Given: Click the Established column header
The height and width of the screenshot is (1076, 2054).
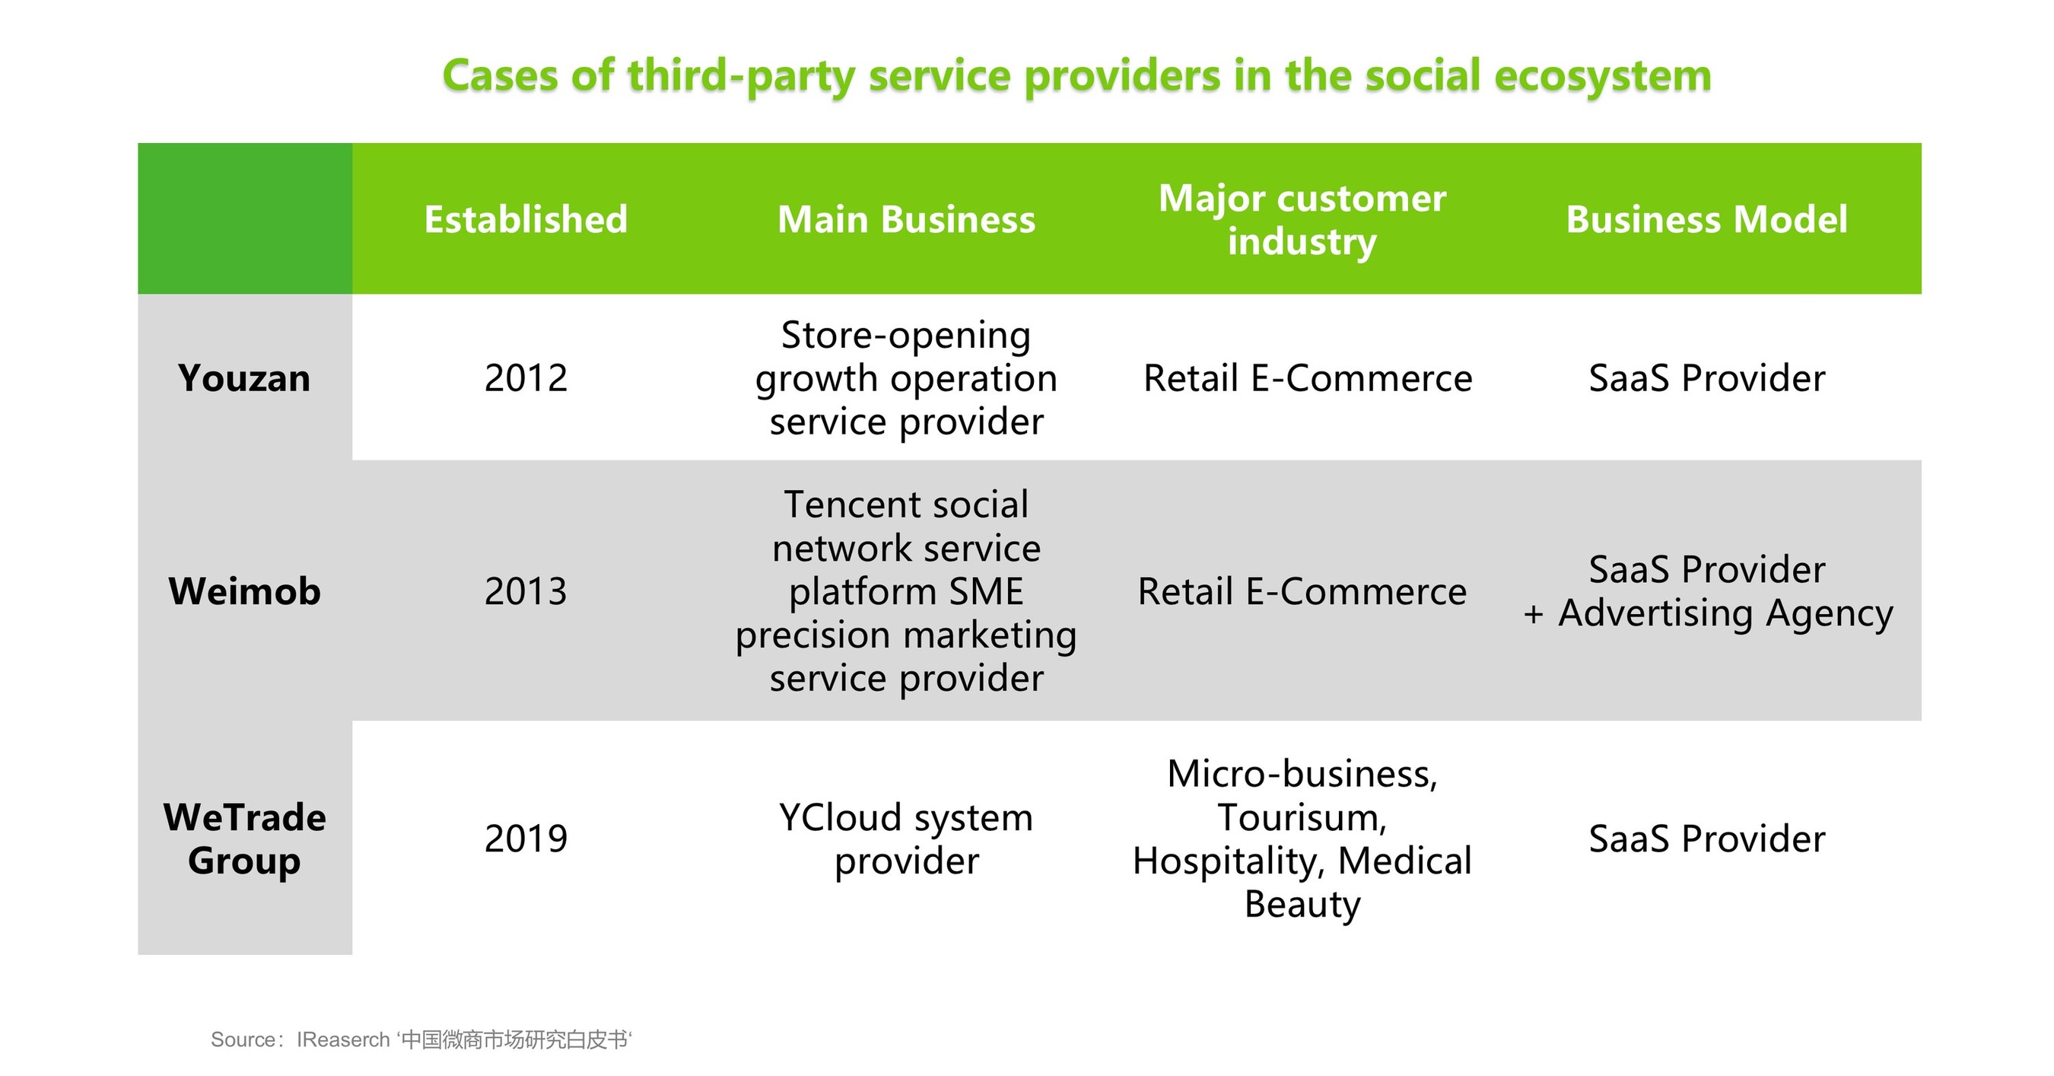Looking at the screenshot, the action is coord(526,219).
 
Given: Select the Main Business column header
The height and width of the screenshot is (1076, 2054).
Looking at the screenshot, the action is coord(906,219).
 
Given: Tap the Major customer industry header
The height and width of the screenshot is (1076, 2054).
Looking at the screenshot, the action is coord(1302,219).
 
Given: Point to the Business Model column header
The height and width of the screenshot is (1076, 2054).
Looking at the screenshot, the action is coord(1706,219).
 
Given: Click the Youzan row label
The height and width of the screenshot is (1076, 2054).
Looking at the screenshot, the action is coord(244,378).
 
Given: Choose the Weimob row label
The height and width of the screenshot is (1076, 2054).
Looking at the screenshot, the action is coord(244,591).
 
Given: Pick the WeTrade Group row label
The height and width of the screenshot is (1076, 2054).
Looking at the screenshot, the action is coord(244,839).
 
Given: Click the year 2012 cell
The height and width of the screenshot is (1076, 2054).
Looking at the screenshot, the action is coord(526,378).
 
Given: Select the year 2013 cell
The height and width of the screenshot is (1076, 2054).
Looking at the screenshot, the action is coord(526,591).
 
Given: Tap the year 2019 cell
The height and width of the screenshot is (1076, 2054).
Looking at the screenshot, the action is coord(526,839).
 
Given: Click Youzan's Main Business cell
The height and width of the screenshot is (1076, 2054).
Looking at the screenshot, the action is coord(906,378).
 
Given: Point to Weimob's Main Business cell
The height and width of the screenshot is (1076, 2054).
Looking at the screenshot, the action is coord(906,591).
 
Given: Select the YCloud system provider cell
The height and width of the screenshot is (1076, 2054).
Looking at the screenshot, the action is coord(906,839).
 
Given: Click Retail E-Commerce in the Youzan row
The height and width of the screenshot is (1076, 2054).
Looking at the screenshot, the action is coord(1308,378).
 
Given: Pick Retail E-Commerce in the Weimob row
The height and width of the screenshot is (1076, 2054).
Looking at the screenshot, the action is coord(1302,591).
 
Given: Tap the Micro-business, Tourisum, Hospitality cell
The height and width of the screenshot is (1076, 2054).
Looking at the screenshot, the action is coord(1302,839).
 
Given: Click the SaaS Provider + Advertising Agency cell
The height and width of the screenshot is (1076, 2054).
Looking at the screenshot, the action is coord(1707,592).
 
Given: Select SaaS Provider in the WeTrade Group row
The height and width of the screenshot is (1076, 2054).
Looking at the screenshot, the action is coord(1707,839).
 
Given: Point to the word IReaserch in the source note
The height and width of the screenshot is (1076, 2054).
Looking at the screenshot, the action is coord(343,1039).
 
